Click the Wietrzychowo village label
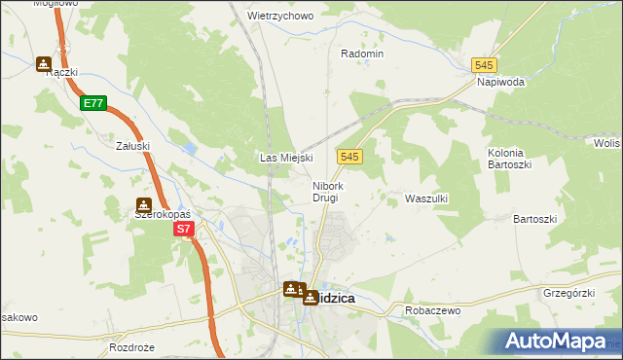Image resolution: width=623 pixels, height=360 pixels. [280, 17]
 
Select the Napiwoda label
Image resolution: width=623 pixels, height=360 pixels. [500, 83]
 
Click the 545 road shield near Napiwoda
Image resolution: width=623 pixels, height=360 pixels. [485, 64]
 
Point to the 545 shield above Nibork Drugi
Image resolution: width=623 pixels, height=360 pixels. [351, 157]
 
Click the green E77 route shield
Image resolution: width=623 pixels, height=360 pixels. [93, 102]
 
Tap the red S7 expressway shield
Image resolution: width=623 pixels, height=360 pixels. [185, 230]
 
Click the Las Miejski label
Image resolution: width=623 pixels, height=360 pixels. [284, 158]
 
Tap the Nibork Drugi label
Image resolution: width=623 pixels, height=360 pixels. [326, 192]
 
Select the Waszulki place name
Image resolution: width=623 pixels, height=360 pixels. [425, 198]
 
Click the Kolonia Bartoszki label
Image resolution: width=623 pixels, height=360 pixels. [506, 160]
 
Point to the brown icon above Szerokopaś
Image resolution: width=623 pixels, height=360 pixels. [144, 205]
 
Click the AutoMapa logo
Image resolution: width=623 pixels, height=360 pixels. [556, 342]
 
